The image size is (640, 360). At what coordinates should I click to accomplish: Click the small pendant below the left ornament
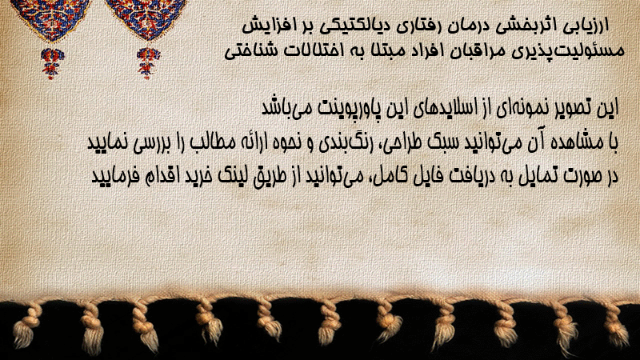[x=51, y=63]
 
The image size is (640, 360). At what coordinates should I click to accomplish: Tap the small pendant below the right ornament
[x=148, y=63]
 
